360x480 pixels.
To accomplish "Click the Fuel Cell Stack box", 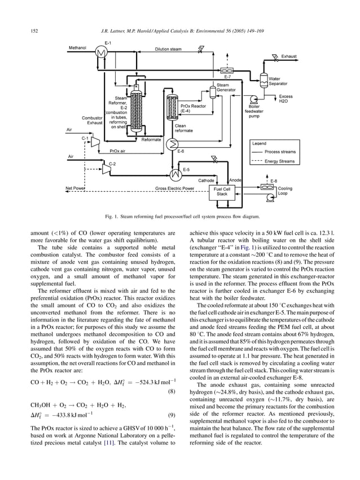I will [x=222, y=191].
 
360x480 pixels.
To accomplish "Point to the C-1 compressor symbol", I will [x=94, y=139].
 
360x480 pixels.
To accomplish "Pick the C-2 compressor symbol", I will [x=105, y=166].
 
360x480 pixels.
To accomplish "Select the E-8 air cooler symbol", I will [x=266, y=188].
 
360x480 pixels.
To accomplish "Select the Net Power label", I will [x=75, y=188].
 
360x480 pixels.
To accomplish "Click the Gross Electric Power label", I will [x=174, y=188].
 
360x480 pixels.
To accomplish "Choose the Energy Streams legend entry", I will [x=279, y=161].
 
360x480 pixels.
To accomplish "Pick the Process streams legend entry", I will [x=280, y=152].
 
